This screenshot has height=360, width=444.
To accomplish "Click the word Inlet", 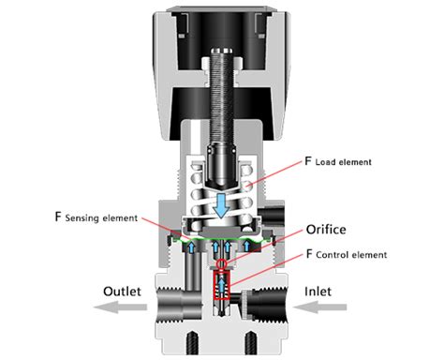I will point(324,292).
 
